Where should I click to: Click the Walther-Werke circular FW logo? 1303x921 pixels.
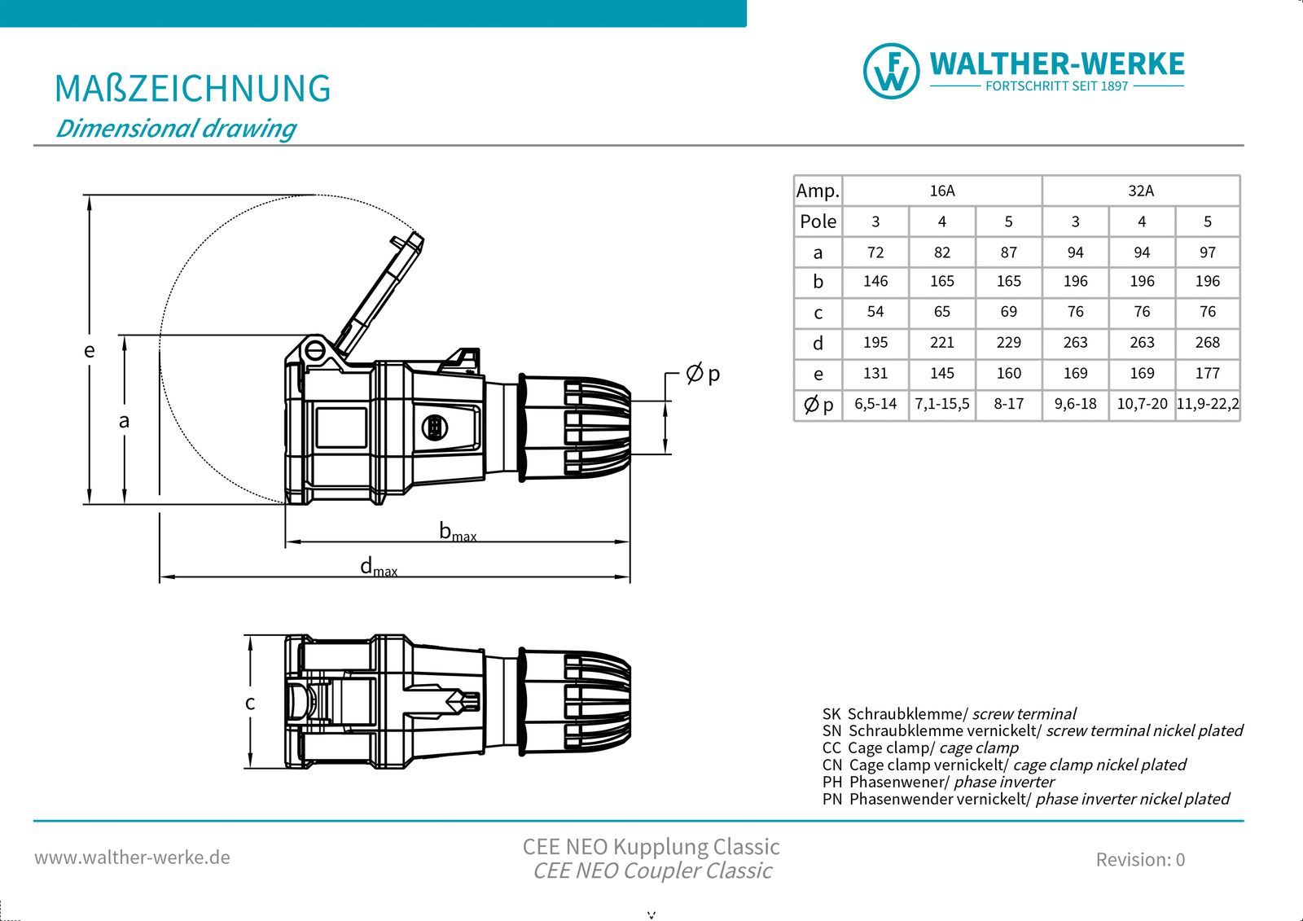click(x=891, y=71)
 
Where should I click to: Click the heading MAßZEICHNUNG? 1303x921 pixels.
click(x=192, y=89)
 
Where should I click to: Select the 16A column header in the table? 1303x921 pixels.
click(x=941, y=191)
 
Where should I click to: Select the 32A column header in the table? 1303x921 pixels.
click(x=1140, y=191)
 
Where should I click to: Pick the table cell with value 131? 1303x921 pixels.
click(x=875, y=373)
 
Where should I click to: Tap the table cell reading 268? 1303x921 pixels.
click(x=1207, y=343)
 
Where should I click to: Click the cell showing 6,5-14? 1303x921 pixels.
click(x=875, y=404)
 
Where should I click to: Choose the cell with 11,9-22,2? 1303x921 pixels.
click(x=1207, y=404)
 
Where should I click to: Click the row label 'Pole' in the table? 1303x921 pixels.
click(x=818, y=221)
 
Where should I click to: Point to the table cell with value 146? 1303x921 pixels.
click(x=875, y=281)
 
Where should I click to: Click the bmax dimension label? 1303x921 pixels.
click(x=457, y=532)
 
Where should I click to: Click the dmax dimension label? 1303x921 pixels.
click(x=378, y=567)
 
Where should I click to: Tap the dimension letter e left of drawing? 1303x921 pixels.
click(x=90, y=350)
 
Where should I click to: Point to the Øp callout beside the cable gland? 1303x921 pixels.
click(x=703, y=374)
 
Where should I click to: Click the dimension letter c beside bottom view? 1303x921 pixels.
click(x=250, y=702)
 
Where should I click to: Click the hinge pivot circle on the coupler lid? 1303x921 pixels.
click(x=315, y=352)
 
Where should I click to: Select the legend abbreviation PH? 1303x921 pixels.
click(x=831, y=782)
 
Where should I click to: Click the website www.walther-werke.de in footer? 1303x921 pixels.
click(x=132, y=857)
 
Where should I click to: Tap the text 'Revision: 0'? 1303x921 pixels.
click(x=1139, y=859)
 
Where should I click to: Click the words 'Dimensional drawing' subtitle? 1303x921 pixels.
click(x=175, y=129)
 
